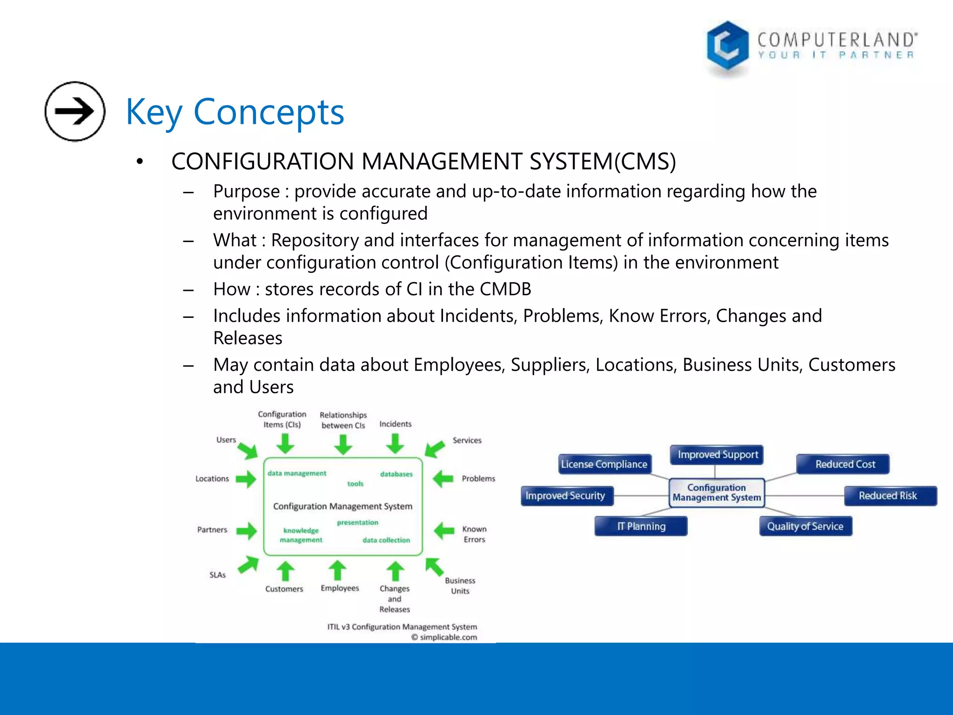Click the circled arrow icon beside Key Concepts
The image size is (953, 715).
pyautogui.click(x=75, y=111)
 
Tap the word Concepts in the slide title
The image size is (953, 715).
pyautogui.click(x=268, y=112)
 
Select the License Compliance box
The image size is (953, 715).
pyautogui.click(x=604, y=464)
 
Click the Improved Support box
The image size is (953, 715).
pyautogui.click(x=717, y=454)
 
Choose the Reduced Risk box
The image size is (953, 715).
pyautogui.click(x=889, y=496)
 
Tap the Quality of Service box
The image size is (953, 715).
pyautogui.click(x=805, y=526)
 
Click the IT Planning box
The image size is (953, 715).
pyautogui.click(x=641, y=526)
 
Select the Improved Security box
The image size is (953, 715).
pyautogui.click(x=566, y=496)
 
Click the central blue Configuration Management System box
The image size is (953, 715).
pyautogui.click(x=717, y=492)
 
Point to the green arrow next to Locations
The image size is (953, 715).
pyautogui.click(x=246, y=479)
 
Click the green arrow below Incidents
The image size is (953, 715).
pyautogui.click(x=395, y=444)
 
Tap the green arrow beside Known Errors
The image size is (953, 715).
pyautogui.click(x=444, y=531)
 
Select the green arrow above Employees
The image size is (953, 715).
pyautogui.click(x=337, y=570)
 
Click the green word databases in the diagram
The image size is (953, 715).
pyautogui.click(x=396, y=474)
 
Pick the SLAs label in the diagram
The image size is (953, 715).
pyautogui.click(x=217, y=575)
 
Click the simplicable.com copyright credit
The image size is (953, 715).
pyautogui.click(x=444, y=637)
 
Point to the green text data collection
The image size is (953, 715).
pyautogui.click(x=386, y=540)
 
